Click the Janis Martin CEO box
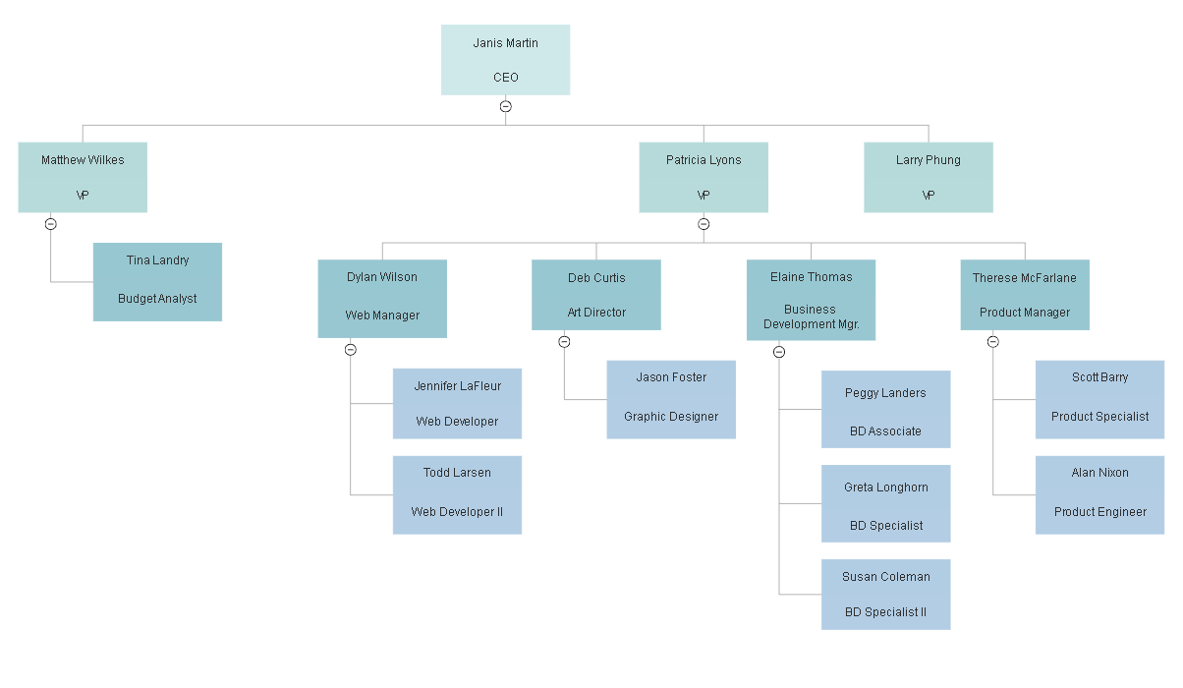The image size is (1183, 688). (505, 60)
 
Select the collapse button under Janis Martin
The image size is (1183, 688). (505, 106)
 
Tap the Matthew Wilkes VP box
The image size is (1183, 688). (83, 177)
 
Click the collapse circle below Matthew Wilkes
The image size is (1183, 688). (51, 224)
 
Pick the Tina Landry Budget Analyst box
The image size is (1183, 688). (157, 281)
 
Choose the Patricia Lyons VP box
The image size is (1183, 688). (704, 177)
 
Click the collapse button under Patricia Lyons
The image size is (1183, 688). (704, 224)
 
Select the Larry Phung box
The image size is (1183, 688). (929, 177)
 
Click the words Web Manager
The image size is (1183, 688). (382, 315)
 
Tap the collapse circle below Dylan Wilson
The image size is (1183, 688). (351, 350)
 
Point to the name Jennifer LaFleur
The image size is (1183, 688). (457, 386)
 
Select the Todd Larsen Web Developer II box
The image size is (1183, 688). (457, 494)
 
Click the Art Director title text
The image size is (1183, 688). (596, 313)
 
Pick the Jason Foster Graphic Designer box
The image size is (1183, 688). (671, 399)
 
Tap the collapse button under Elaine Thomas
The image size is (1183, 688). (779, 352)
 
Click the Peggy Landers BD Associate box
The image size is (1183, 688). (885, 409)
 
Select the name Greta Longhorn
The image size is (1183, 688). (885, 487)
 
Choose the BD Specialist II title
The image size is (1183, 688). (885, 612)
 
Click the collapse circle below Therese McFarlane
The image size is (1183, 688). (993, 342)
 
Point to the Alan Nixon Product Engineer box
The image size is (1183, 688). (1099, 494)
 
